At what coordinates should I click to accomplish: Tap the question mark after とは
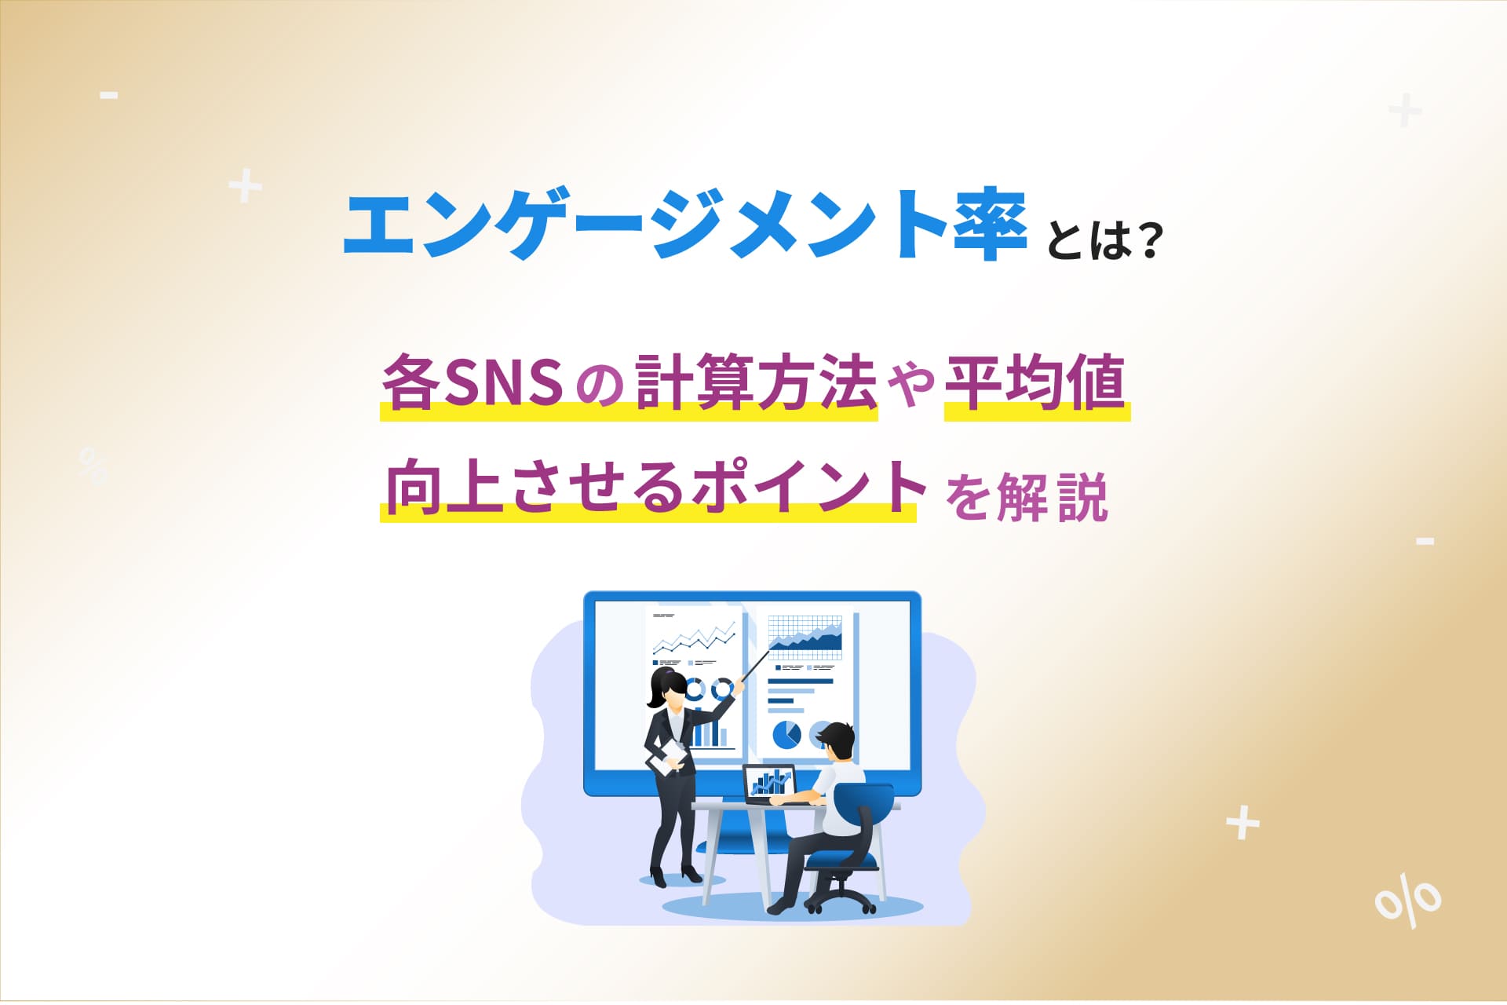1147,242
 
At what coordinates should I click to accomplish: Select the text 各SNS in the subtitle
471,382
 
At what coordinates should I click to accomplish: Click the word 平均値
1035,382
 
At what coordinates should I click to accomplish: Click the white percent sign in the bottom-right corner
1408,901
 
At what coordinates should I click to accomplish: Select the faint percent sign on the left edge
93,465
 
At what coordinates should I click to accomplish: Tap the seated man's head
835,741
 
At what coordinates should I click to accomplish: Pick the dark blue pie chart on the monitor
786,735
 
